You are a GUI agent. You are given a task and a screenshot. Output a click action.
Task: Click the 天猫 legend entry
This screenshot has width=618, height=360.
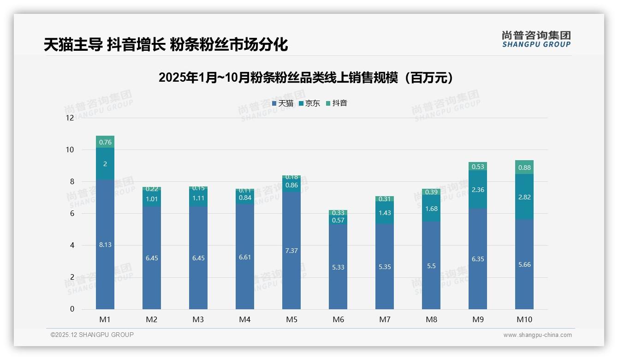coord(283,103)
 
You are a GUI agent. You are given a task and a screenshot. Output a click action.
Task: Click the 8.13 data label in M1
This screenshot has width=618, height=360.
coord(105,245)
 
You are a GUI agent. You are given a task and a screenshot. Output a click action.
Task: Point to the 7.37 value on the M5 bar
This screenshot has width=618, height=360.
coord(291,251)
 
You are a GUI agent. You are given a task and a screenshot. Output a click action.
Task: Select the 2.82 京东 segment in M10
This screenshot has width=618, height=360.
coord(524,197)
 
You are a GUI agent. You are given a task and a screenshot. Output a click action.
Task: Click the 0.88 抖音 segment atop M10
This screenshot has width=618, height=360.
coord(524,168)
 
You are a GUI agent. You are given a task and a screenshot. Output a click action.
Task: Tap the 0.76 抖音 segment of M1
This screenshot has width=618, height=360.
coord(105,142)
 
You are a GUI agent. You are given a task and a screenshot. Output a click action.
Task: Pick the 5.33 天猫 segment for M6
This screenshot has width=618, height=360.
coord(338,267)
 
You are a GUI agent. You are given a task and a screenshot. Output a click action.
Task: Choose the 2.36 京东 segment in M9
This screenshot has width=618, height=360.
coord(478,190)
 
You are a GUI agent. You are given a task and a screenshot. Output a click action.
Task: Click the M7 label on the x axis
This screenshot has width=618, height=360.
coord(385,319)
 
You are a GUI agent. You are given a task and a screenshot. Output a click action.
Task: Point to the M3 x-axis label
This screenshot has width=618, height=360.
coord(198,319)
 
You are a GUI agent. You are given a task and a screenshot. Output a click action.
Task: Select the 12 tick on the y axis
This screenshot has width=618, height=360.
coord(70,118)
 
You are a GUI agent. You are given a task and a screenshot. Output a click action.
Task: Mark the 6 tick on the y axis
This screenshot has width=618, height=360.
coord(72,213)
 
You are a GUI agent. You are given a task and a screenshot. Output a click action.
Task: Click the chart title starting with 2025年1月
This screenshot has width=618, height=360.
coord(305,78)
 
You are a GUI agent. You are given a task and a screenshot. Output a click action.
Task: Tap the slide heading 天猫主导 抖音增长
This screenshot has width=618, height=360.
coord(166,45)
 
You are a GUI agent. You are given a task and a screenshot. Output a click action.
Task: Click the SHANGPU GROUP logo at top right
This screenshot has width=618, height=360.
coord(536,39)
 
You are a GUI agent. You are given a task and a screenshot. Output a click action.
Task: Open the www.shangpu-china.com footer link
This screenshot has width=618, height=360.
coord(537,335)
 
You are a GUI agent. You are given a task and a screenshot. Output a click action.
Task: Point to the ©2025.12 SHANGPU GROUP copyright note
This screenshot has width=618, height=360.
coord(92,335)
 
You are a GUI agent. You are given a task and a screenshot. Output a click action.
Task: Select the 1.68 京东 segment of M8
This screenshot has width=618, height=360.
coord(431,209)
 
